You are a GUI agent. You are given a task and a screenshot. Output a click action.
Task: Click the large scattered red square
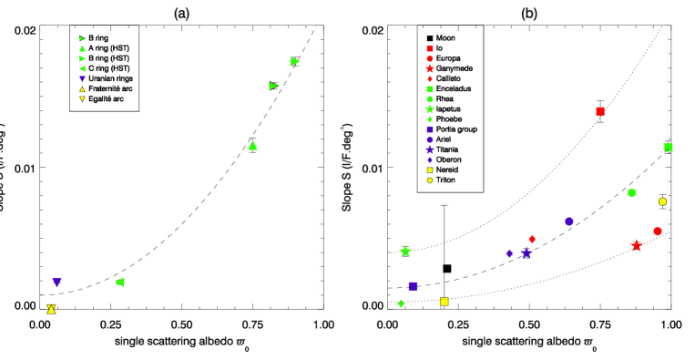600,111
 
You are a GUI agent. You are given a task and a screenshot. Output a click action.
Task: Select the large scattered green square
668,148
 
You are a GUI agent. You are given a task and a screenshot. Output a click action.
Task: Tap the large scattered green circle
631,192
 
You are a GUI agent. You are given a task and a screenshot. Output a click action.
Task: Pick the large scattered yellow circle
662,201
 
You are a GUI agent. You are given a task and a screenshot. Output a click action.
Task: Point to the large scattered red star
636,246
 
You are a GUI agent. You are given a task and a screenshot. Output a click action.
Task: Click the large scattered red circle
658,231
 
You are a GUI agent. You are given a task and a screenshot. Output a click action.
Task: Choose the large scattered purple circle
569,221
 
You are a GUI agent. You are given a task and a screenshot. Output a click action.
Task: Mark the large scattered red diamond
532,239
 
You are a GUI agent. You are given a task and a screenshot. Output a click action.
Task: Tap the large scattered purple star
526,252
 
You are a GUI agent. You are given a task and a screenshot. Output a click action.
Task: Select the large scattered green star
405,251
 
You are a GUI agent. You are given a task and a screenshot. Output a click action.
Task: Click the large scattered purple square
413,286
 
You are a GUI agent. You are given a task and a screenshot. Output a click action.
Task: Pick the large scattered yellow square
445,302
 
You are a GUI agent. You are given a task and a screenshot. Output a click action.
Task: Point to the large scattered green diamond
401,303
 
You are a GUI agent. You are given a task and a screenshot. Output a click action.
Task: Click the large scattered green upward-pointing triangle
252,145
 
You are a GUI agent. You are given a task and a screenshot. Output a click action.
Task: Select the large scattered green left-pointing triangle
119,283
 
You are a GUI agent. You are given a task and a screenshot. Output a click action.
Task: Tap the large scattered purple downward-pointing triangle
56,283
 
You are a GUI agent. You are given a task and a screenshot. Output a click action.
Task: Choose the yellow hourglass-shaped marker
51,309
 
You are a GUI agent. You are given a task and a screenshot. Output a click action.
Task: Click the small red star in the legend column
430,68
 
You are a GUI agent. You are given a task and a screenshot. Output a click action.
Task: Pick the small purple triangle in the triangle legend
82,79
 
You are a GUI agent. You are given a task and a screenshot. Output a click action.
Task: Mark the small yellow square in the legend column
430,170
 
